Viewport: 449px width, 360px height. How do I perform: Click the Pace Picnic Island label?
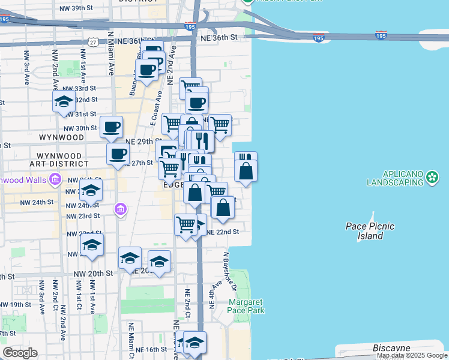pyautogui.click(x=364, y=231)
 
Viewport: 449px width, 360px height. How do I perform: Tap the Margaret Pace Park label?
pyautogui.click(x=246, y=306)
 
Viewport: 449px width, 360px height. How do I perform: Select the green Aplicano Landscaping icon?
pyautogui.click(x=433, y=176)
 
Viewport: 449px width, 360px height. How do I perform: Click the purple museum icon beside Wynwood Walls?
pyautogui.click(x=56, y=179)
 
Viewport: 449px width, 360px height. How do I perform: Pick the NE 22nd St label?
pyautogui.click(x=223, y=232)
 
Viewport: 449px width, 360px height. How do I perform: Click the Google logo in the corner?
pyautogui.click(x=20, y=353)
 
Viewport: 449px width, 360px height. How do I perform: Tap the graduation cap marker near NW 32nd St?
pyautogui.click(x=64, y=103)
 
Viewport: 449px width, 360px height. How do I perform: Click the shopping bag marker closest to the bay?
pyautogui.click(x=246, y=172)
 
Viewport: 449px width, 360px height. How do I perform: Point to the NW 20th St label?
pyautogui.click(x=93, y=273)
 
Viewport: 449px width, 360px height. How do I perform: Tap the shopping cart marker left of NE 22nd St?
pyautogui.click(x=185, y=225)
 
